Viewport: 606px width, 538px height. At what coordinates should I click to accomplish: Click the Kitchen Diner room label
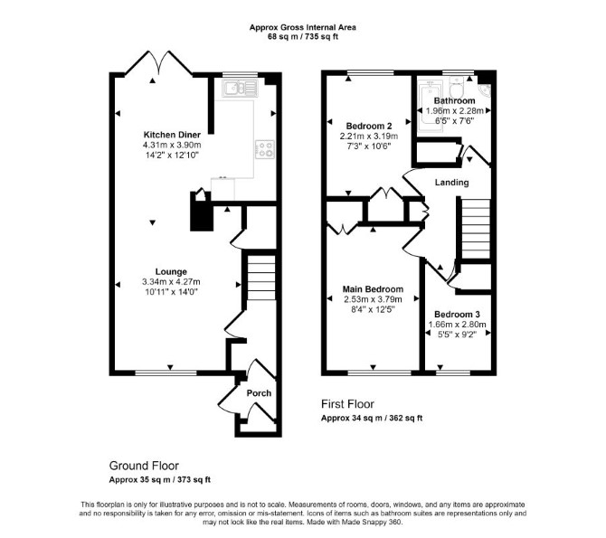pyautogui.click(x=172, y=135)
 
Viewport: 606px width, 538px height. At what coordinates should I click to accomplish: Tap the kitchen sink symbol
pyautogui.click(x=239, y=89)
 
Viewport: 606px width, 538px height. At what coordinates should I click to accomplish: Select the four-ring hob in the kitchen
pyautogui.click(x=265, y=149)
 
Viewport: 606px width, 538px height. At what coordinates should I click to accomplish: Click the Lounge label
pyautogui.click(x=171, y=271)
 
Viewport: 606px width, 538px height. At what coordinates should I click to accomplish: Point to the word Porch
pyautogui.click(x=259, y=393)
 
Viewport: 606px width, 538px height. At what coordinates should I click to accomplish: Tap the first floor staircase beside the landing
pyautogui.click(x=476, y=229)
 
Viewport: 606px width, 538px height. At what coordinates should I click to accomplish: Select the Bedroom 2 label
pyautogui.click(x=369, y=126)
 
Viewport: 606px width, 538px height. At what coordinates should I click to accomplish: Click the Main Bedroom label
pyautogui.click(x=373, y=289)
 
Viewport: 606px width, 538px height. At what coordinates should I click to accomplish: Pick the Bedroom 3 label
pyautogui.click(x=457, y=315)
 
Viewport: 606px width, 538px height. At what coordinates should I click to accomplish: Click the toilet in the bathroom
pyautogui.click(x=457, y=87)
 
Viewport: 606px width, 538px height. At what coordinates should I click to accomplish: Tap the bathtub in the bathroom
pyautogui.click(x=430, y=107)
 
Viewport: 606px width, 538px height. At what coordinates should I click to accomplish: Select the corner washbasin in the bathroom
pyautogui.click(x=485, y=90)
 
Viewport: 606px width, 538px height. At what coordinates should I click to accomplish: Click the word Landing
pyautogui.click(x=452, y=183)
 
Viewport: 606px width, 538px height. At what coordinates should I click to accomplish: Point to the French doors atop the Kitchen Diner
pyautogui.click(x=159, y=61)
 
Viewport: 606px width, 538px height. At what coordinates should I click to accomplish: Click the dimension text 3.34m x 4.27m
pyautogui.click(x=171, y=282)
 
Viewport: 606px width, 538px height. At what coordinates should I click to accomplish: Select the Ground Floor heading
pyautogui.click(x=144, y=466)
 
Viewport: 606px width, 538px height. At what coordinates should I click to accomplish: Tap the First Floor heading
pyautogui.click(x=348, y=404)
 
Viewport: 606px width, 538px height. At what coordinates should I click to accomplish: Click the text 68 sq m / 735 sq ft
pyautogui.click(x=303, y=37)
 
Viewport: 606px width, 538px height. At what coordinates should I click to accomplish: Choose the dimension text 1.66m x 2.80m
pyautogui.click(x=457, y=325)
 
